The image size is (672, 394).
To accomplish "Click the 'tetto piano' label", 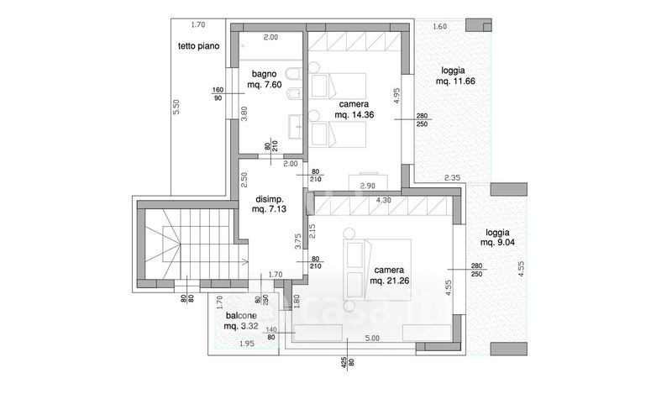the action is pyautogui.click(x=198, y=46).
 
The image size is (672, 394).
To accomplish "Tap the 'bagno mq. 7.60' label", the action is pyautogui.click(x=264, y=79).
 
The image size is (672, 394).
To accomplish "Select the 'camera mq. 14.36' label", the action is pyautogui.click(x=354, y=109).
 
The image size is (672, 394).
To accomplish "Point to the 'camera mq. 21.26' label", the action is pyautogui.click(x=389, y=276).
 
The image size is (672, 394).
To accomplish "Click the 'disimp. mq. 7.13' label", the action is pyautogui.click(x=270, y=204).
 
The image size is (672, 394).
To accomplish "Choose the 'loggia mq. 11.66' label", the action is pyautogui.click(x=455, y=76).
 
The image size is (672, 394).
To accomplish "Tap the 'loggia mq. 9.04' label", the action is pyautogui.click(x=497, y=238).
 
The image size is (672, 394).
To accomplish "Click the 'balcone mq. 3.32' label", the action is pyautogui.click(x=241, y=321).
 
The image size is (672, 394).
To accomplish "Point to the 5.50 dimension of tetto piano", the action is pyautogui.click(x=176, y=107).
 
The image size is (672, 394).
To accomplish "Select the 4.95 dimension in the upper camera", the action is pyautogui.click(x=396, y=96).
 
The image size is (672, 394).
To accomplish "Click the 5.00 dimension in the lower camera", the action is pyautogui.click(x=372, y=338).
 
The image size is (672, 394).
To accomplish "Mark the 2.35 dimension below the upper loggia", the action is pyautogui.click(x=452, y=177).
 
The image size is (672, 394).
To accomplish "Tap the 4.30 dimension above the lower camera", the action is pyautogui.click(x=384, y=200).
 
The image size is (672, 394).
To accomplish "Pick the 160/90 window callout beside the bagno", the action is pyautogui.click(x=218, y=94).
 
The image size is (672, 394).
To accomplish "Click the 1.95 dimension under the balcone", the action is pyautogui.click(x=247, y=343).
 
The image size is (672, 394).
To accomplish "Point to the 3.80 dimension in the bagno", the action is pyautogui.click(x=244, y=113).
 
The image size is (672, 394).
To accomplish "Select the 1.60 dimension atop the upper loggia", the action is pyautogui.click(x=439, y=27).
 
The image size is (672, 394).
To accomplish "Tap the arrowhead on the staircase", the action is pyautogui.click(x=246, y=260).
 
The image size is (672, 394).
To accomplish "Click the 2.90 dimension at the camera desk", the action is pyautogui.click(x=368, y=186).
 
